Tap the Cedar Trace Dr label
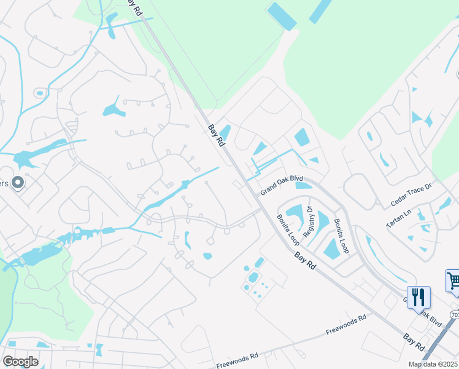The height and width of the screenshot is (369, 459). click(x=411, y=202)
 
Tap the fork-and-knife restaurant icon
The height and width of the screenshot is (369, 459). click(x=418, y=297)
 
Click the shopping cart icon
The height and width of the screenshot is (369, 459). click(x=453, y=281)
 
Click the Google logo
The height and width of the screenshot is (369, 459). click(x=20, y=362)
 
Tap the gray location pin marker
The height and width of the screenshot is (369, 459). click(x=17, y=182)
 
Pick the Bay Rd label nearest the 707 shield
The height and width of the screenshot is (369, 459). click(x=414, y=343)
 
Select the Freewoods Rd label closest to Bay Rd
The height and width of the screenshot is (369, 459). click(x=346, y=323)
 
